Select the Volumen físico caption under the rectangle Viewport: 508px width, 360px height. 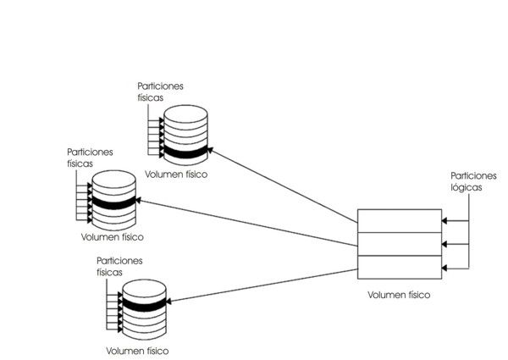pyautogui.click(x=399, y=295)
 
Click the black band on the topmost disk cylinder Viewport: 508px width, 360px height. pyautogui.click(x=185, y=152)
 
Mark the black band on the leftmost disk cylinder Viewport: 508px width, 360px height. pyautogui.click(x=113, y=202)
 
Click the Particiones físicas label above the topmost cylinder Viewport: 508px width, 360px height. pyautogui.click(x=160, y=91)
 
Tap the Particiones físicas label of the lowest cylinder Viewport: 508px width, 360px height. pyautogui.click(x=121, y=267)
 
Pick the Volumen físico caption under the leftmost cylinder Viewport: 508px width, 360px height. pyautogui.click(x=111, y=238)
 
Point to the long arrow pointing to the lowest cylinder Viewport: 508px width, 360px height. pyautogui.click(x=262, y=284)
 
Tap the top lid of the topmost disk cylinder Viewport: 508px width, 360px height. pyautogui.click(x=185, y=112)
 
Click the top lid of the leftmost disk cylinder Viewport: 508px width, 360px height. pyautogui.click(x=113, y=177)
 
